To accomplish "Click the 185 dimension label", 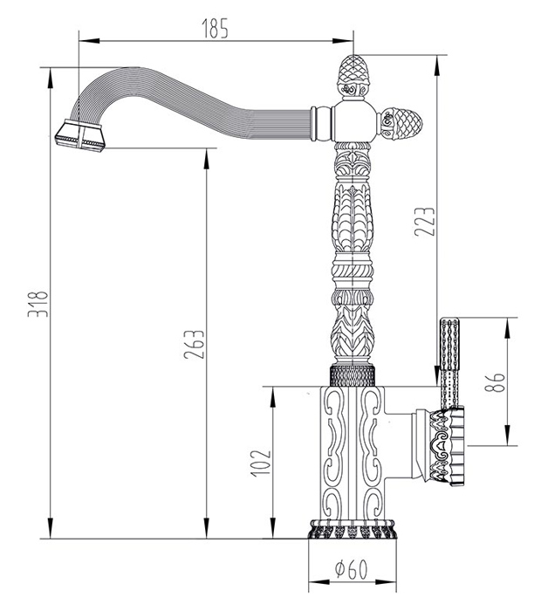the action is pyautogui.click(x=215, y=28).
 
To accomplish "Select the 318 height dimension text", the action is pyautogui.click(x=38, y=304).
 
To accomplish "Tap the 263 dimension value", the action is pyautogui.click(x=194, y=345).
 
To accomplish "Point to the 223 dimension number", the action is pyautogui.click(x=424, y=222).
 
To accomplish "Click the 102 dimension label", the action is pyautogui.click(x=260, y=463).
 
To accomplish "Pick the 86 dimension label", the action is pyautogui.click(x=495, y=382).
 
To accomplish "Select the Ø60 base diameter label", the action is pyautogui.click(x=352, y=570).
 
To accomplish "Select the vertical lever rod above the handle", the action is pyautogui.click(x=449, y=363).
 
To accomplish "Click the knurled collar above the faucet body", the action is pyautogui.click(x=353, y=375).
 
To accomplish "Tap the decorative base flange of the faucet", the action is pyautogui.click(x=353, y=528).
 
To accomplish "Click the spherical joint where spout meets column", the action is pyautogui.click(x=353, y=121).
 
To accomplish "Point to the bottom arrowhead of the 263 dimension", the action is pyautogui.click(x=207, y=528).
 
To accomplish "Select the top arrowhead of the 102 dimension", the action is pyautogui.click(x=273, y=397).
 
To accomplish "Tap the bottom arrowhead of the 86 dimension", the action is pyautogui.click(x=508, y=435).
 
